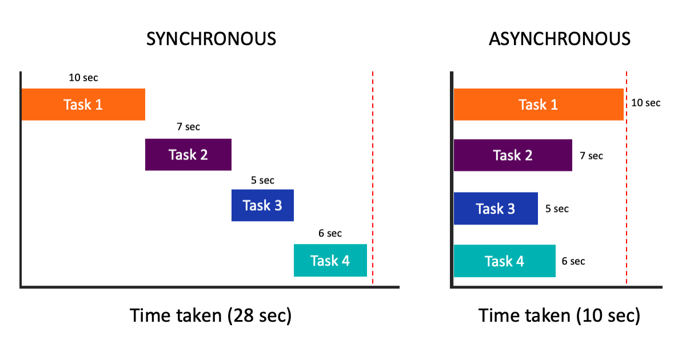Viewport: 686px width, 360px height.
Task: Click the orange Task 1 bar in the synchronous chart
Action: pyautogui.click(x=83, y=105)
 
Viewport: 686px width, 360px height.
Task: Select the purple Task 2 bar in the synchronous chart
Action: pyautogui.click(x=188, y=154)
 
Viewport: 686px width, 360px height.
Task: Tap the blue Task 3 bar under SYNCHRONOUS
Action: pyautogui.click(x=262, y=205)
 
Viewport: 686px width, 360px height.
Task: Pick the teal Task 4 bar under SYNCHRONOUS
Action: pyautogui.click(x=330, y=261)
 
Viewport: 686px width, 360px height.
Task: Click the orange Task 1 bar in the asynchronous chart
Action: pyautogui.click(x=538, y=105)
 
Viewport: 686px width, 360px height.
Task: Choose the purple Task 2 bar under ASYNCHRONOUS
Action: pyautogui.click(x=513, y=155)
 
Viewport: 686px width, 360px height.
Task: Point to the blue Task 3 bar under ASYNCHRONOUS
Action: pyautogui.click(x=496, y=209)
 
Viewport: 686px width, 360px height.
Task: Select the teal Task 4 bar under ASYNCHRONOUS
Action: pyautogui.click(x=504, y=261)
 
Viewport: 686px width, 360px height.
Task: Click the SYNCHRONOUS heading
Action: pyautogui.click(x=211, y=39)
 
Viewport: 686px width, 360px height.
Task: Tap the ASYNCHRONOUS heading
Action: pyautogui.click(x=560, y=39)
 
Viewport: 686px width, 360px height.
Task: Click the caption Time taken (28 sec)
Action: pyautogui.click(x=211, y=315)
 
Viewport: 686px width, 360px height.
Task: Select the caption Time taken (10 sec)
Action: pyautogui.click(x=559, y=315)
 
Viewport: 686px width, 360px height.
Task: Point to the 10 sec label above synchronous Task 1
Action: pyautogui.click(x=83, y=78)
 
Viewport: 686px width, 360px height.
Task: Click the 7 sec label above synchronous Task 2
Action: pyautogui.click(x=188, y=127)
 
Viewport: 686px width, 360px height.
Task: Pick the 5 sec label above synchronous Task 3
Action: pyautogui.click(x=262, y=180)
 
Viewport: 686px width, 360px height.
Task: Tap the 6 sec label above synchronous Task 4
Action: pyautogui.click(x=330, y=233)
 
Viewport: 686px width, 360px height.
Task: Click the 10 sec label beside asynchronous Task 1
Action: pyautogui.click(x=646, y=103)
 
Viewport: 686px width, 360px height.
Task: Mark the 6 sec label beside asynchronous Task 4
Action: pyautogui.click(x=573, y=261)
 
